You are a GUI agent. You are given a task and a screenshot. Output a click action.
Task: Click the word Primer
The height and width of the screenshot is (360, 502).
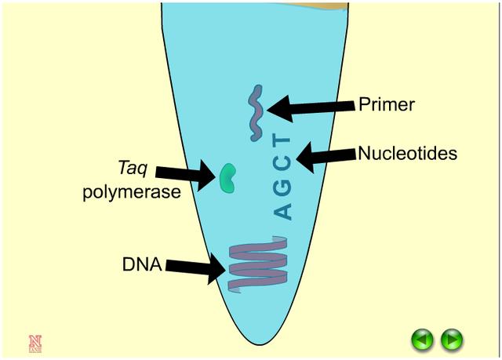[x=386, y=104]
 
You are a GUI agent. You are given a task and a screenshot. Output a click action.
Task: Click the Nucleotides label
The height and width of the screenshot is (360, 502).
[x=407, y=154]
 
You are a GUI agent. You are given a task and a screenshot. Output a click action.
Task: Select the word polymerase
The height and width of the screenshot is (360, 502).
[x=132, y=191]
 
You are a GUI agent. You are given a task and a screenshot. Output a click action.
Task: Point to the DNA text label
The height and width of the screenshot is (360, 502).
[x=141, y=264]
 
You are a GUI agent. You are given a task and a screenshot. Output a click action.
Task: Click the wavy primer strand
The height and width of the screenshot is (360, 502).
[x=256, y=114]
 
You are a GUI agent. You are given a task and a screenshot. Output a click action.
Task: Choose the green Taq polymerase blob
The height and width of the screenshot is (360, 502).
[x=228, y=179]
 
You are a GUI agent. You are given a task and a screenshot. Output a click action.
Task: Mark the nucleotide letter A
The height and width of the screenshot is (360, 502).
[x=283, y=211]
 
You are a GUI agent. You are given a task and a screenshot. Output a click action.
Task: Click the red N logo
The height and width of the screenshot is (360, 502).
[x=35, y=342]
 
